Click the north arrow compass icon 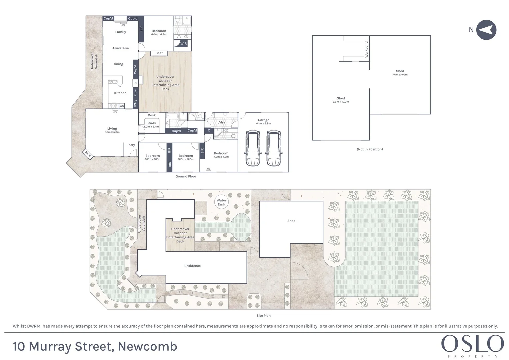[486, 30]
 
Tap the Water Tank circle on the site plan [221, 202]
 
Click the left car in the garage [253, 148]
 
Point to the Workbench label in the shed [367, 49]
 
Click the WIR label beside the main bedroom [184, 44]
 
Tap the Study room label [151, 123]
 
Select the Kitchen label [120, 93]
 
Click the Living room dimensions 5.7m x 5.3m [112, 132]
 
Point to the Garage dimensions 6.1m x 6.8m [263, 124]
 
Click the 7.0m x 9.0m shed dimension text [400, 75]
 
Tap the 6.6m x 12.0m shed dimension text [341, 102]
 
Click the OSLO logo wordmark [472, 344]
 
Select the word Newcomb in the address [147, 347]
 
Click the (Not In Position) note [370, 149]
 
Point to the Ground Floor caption [186, 176]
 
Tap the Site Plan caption [263, 316]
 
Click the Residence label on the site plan [192, 266]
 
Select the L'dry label [221, 122]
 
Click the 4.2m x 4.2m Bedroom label [221, 157]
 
